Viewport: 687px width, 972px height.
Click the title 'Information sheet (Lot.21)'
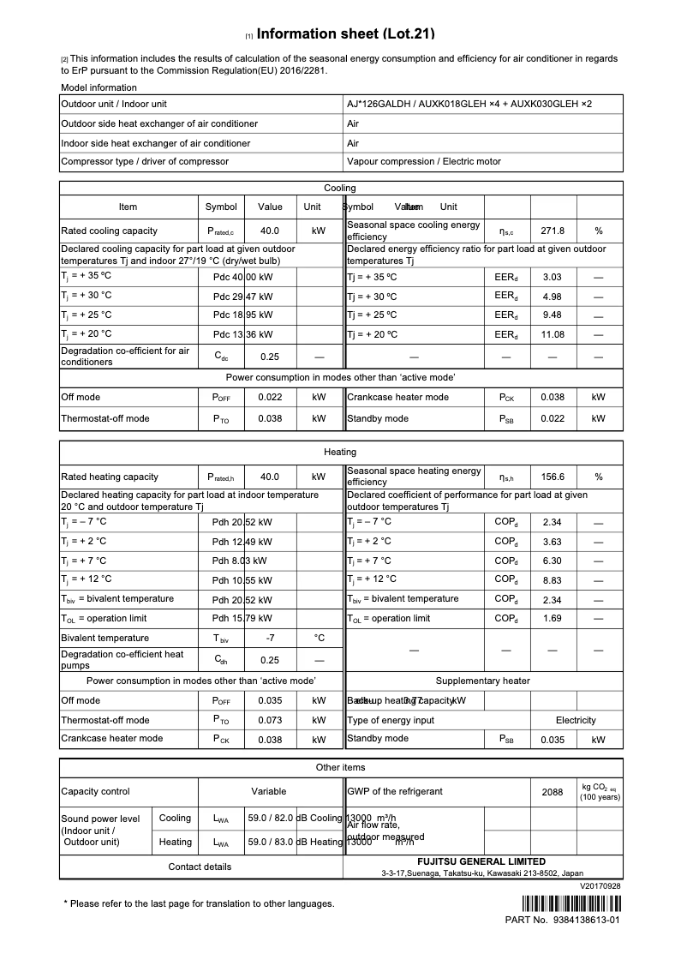346,34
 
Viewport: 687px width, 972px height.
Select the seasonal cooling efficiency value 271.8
553,231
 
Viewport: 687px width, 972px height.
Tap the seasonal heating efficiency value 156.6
553,477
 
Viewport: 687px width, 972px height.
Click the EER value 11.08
553,334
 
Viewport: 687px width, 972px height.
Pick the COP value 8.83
553,579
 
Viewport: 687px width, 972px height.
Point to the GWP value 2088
553,792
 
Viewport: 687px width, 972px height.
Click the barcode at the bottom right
571,903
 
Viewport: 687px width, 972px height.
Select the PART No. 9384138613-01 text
563,920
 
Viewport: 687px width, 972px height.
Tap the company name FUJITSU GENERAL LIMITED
481,861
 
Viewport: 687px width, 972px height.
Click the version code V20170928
600,885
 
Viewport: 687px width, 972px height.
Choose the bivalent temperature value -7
270,638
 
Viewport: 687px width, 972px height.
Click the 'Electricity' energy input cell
576,720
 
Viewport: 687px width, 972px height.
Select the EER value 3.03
553,277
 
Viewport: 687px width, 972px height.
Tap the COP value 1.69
553,618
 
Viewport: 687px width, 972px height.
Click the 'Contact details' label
200,867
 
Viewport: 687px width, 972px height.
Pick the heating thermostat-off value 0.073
270,720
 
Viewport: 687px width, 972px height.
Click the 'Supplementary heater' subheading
482,681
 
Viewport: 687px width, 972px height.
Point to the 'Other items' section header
340,767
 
